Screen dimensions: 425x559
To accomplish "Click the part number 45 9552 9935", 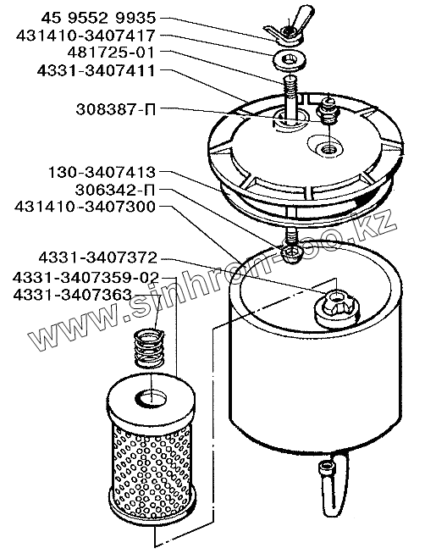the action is pyautogui.click(x=98, y=18).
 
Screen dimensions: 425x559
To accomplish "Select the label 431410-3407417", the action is pyautogui.click(x=86, y=36).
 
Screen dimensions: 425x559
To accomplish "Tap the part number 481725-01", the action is pyautogui.click(x=112, y=53).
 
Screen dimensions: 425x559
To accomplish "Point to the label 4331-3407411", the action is pyautogui.click(x=97, y=70).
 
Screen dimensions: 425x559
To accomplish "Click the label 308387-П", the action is pyautogui.click(x=116, y=109).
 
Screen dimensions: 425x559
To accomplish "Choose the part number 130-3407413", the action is pyautogui.click(x=102, y=173).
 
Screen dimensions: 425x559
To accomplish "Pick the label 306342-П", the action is pyautogui.click(x=115, y=190).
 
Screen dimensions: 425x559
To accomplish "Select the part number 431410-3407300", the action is pyautogui.click(x=86, y=208).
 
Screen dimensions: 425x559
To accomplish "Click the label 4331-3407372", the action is pyautogui.click(x=98, y=257).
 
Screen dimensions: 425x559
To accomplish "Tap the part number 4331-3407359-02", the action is pyautogui.click(x=86, y=277).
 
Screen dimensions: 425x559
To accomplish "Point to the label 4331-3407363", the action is pyautogui.click(x=72, y=295).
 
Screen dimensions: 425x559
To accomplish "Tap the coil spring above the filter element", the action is pyautogui.click(x=149, y=349).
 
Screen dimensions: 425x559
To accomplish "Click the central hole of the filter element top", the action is pyautogui.click(x=151, y=398).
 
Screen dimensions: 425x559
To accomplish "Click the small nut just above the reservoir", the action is pyautogui.click(x=292, y=254).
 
